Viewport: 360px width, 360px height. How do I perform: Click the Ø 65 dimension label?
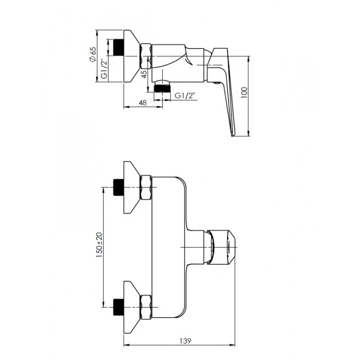tap(93, 54)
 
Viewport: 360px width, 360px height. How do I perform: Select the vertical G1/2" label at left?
tap(104, 70)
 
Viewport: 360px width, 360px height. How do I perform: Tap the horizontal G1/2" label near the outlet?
tap(185, 96)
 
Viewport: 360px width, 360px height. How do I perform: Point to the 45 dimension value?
tap(144, 74)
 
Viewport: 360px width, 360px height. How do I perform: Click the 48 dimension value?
tap(143, 103)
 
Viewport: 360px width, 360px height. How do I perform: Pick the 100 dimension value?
tap(244, 93)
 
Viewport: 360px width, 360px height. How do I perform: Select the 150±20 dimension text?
tap(99, 245)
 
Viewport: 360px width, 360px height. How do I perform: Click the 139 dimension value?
tap(185, 341)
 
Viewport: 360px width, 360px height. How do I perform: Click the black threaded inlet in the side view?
tap(119, 48)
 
